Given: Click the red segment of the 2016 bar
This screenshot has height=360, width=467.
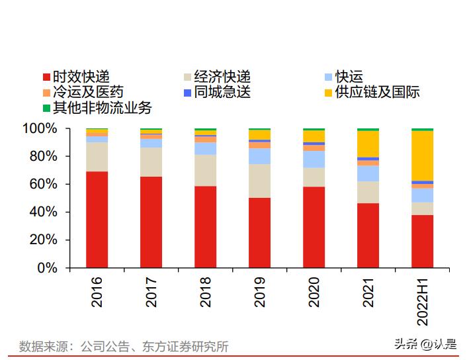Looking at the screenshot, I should (x=97, y=220).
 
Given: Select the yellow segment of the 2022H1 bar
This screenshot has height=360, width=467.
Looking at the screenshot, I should (x=422, y=156).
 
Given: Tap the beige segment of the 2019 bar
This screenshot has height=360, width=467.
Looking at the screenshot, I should (x=259, y=181).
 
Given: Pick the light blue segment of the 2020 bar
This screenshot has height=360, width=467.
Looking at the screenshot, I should (x=314, y=159).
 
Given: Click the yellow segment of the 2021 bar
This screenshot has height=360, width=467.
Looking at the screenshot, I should (x=368, y=144).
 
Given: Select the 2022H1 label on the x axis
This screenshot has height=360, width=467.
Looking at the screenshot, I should (x=422, y=302).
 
